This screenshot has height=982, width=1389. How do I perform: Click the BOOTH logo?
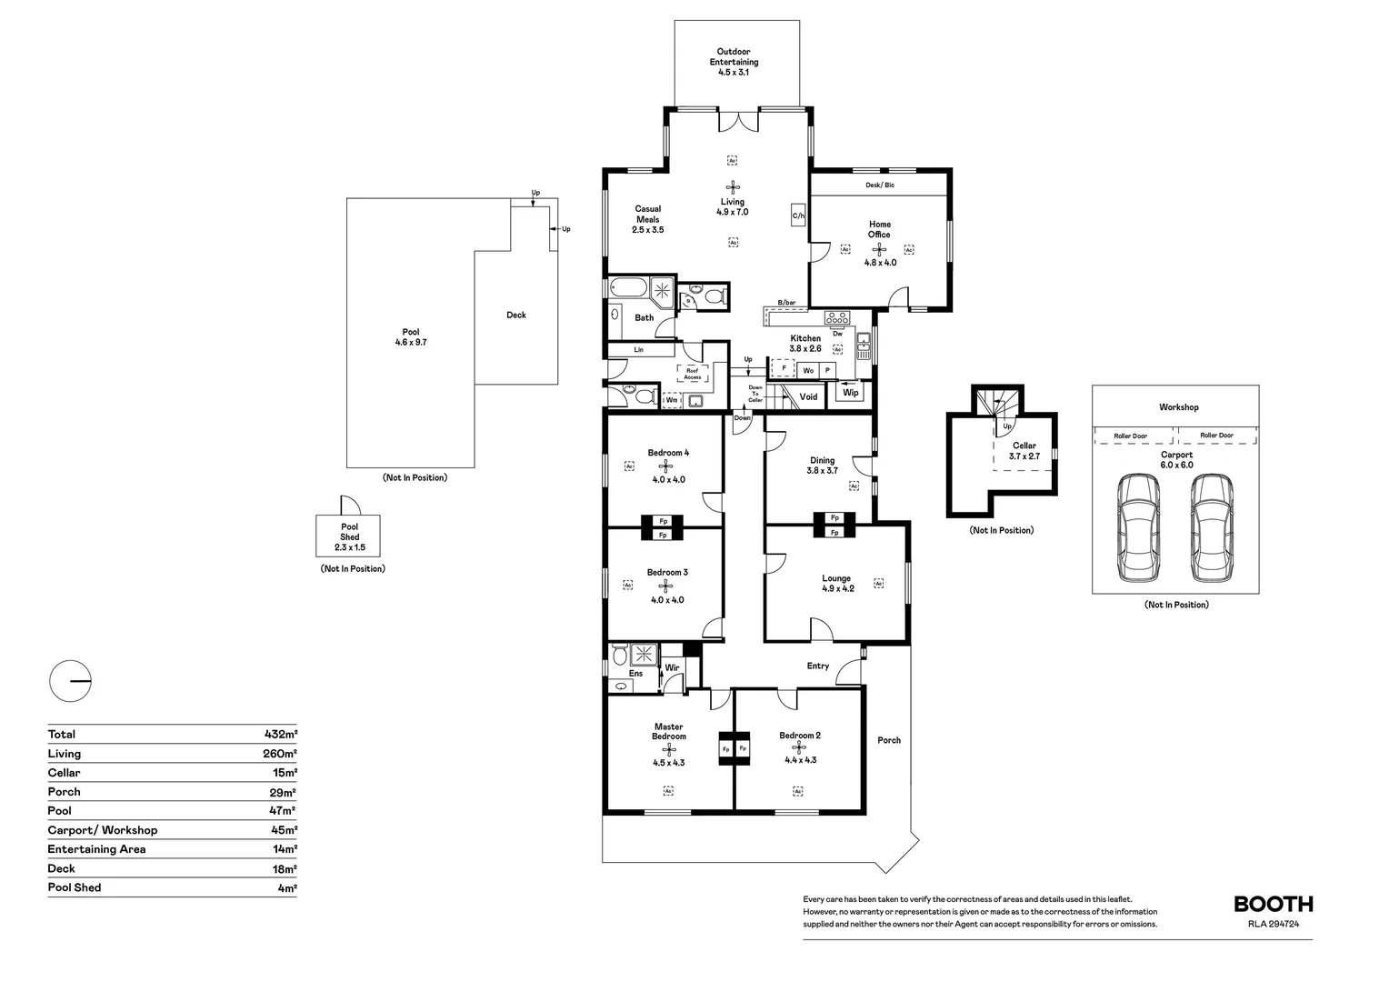(1273, 904)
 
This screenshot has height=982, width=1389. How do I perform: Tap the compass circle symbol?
(70, 680)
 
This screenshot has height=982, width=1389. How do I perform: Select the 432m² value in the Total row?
(280, 734)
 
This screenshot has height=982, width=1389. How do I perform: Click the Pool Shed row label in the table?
(75, 887)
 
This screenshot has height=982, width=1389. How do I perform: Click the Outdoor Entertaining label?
(734, 57)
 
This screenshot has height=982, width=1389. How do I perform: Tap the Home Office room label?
(879, 229)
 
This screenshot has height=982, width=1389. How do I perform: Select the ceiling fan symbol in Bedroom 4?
(666, 466)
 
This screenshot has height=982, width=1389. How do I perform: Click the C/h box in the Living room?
(798, 215)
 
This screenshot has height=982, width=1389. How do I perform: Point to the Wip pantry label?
(851, 393)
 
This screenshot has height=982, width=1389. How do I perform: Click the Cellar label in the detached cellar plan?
(1024, 446)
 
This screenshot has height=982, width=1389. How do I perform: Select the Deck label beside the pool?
(516, 316)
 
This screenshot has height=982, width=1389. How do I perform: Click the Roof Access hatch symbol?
(693, 374)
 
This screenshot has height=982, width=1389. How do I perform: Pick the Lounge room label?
(836, 578)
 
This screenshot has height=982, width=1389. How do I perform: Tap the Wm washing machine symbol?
(672, 399)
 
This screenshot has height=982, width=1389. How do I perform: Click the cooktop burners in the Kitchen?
(836, 318)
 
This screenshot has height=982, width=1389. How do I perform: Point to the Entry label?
(818, 666)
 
